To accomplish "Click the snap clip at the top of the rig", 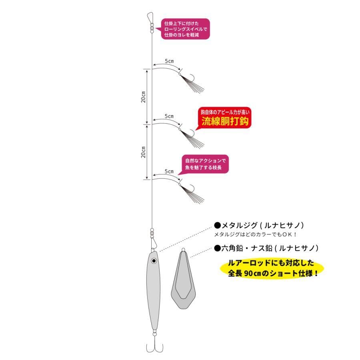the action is point(150,18).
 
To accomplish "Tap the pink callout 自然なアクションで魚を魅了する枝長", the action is point(204,164).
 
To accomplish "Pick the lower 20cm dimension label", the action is point(143,152).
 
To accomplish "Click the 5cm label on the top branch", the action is point(169,61).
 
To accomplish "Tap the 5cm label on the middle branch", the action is point(169,116).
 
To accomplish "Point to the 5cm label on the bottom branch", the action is point(169,171).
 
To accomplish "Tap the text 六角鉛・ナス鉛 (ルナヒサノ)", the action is point(266,248).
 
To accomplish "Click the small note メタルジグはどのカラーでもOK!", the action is point(256,234).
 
